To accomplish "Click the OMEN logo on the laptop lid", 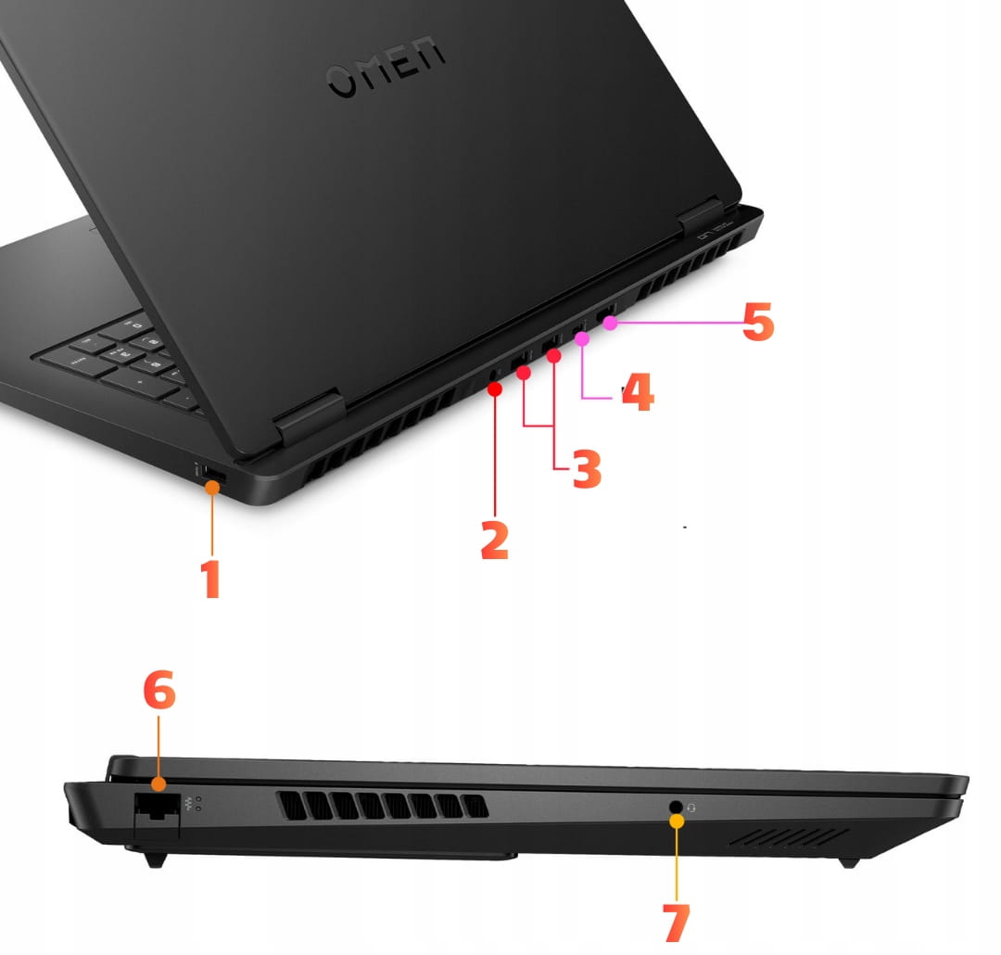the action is (x=385, y=66).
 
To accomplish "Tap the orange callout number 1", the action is (x=210, y=579).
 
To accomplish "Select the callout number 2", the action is (x=495, y=541).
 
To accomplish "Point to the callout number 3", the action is (x=587, y=469).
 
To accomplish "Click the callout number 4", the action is (x=638, y=391).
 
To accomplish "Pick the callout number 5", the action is (x=758, y=322).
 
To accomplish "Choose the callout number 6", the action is (x=159, y=689).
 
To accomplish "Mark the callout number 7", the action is (x=677, y=922).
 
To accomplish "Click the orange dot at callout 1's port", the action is (x=212, y=488).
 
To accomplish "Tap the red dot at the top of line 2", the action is (x=495, y=388).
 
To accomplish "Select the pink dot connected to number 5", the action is (x=610, y=324).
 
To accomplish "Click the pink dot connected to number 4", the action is (x=581, y=338).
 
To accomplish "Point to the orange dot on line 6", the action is (x=159, y=783).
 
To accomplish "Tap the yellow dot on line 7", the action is (x=677, y=821).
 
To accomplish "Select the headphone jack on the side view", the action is (x=676, y=807).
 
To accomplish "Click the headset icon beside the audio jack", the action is (x=692, y=809).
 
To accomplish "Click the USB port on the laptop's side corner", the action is (x=212, y=474).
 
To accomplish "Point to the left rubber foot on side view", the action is (x=155, y=859).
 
